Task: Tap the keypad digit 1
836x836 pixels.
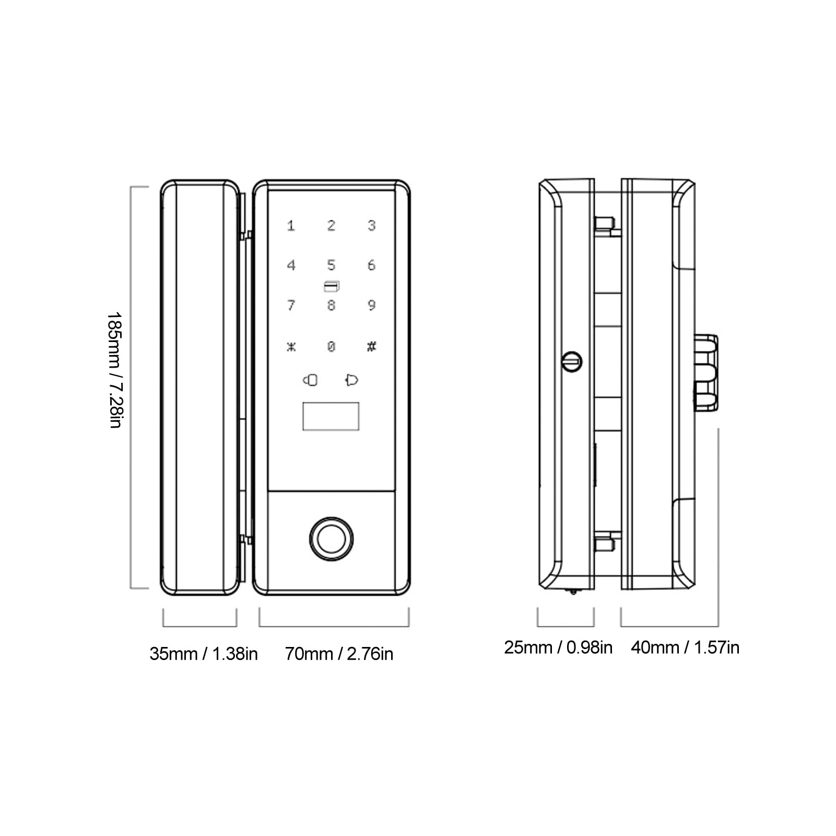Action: tap(291, 226)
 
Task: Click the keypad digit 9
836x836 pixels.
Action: tap(371, 305)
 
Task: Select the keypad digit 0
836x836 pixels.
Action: tap(331, 346)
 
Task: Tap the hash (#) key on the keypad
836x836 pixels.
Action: tap(371, 346)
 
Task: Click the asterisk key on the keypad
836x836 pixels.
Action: tap(291, 346)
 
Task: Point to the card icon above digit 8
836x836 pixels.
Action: tap(331, 286)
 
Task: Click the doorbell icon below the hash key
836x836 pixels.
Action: tap(352, 380)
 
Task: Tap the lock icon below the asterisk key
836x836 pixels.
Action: tap(310, 380)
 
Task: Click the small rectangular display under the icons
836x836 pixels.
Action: tap(331, 416)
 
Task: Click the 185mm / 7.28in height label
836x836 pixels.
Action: tap(114, 370)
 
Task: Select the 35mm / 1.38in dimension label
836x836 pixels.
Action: tap(204, 654)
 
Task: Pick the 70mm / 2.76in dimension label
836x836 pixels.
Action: tap(339, 654)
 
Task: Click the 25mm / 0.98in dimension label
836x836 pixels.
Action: tap(558, 647)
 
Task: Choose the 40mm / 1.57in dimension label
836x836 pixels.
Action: tap(685, 647)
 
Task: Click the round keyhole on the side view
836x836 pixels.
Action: tap(572, 361)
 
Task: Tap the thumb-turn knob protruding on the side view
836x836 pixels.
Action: tap(705, 372)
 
